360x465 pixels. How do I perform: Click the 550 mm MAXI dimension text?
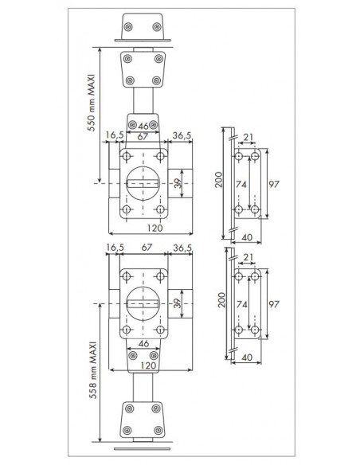[92, 103]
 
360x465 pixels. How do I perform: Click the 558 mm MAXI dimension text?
[93, 370]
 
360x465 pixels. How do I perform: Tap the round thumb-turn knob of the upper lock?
[143, 183]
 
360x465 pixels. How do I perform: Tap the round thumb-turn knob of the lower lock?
[143, 303]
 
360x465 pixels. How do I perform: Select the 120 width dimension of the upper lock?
[155, 228]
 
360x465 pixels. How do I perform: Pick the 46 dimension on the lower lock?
[143, 344]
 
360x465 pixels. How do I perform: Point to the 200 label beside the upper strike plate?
[218, 179]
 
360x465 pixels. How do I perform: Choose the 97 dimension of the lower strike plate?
[274, 304]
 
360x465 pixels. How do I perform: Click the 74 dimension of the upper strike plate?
[241, 184]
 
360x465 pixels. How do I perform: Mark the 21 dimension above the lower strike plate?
[248, 257]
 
